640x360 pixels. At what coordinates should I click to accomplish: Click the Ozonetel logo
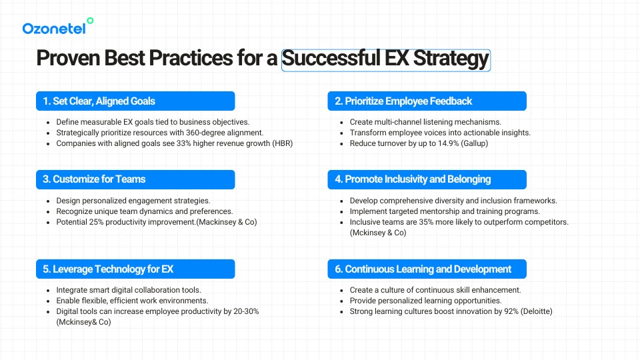click(x=57, y=27)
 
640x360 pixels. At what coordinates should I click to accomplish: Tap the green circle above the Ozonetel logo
click(x=90, y=21)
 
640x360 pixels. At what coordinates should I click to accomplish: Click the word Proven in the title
click(x=68, y=58)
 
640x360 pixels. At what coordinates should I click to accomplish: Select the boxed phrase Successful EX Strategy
click(x=386, y=59)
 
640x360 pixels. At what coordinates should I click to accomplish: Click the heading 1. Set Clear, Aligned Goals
click(x=99, y=101)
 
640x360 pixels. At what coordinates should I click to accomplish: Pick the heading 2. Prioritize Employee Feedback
click(x=403, y=101)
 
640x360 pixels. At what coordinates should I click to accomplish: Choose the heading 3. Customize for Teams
click(x=94, y=179)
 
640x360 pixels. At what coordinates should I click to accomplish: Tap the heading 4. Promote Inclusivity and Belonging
click(x=413, y=179)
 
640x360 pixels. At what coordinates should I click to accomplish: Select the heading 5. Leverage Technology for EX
click(x=108, y=269)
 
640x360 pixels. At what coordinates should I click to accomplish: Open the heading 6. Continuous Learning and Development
click(x=423, y=269)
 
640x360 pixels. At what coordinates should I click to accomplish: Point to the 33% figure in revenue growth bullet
click(x=184, y=143)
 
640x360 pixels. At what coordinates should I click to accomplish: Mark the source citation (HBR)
click(x=283, y=143)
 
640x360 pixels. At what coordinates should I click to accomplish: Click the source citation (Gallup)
click(x=474, y=143)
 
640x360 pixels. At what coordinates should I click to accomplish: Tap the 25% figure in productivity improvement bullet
click(x=96, y=222)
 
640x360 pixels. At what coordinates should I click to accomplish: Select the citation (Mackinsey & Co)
click(x=227, y=222)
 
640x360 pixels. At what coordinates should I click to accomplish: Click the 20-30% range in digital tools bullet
click(x=246, y=311)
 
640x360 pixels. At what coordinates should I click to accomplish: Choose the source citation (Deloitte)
click(x=536, y=311)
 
